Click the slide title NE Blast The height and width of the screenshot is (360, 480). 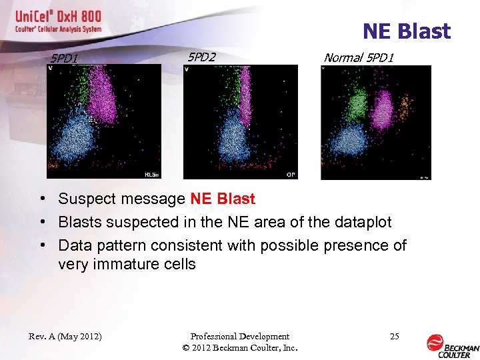click(x=406, y=31)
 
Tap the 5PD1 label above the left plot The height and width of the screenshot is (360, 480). click(x=64, y=58)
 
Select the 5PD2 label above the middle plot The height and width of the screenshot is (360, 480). click(x=201, y=57)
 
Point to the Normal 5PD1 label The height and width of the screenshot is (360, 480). click(x=359, y=58)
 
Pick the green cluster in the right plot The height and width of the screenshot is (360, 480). click(x=357, y=103)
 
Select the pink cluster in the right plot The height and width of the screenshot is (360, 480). click(x=383, y=110)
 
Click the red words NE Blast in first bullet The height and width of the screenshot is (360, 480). click(x=223, y=199)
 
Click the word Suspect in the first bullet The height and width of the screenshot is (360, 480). click(x=86, y=199)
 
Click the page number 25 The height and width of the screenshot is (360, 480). click(x=394, y=337)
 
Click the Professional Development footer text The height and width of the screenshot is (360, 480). click(x=239, y=337)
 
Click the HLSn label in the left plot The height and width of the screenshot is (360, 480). click(x=151, y=174)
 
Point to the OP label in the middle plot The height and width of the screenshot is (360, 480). click(x=291, y=174)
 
